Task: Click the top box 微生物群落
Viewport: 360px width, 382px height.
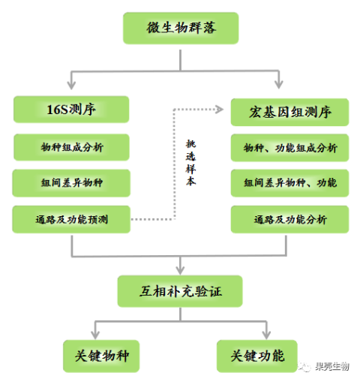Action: coord(181,28)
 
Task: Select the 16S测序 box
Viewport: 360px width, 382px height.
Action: coord(71,110)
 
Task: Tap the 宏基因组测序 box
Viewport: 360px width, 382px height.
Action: coord(289,112)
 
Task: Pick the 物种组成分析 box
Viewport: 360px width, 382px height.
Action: coord(71,147)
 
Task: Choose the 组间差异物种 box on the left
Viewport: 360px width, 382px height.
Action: coord(71,183)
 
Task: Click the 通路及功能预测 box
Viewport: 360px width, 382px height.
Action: coord(71,219)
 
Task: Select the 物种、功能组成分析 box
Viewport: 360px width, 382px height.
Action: coord(289,148)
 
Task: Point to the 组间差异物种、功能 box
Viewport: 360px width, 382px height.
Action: coord(289,183)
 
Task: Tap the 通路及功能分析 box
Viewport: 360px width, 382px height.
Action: coord(289,219)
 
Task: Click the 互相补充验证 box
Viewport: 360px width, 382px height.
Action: coord(180,291)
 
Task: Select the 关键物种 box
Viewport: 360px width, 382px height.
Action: coord(101,356)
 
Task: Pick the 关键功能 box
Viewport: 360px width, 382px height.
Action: coord(257,356)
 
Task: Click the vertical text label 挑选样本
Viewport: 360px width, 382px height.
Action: coord(190,163)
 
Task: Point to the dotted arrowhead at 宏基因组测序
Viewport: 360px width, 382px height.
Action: coord(220,110)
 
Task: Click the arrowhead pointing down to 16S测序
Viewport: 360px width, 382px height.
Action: coord(71,85)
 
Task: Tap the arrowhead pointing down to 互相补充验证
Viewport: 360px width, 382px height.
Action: coord(180,270)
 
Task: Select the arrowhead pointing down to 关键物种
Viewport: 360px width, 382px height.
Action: coord(95,335)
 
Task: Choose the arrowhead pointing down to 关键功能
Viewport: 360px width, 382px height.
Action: coord(266,335)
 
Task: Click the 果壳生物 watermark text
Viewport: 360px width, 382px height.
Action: coord(332,367)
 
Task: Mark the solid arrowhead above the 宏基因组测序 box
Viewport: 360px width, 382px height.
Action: coord(279,85)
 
